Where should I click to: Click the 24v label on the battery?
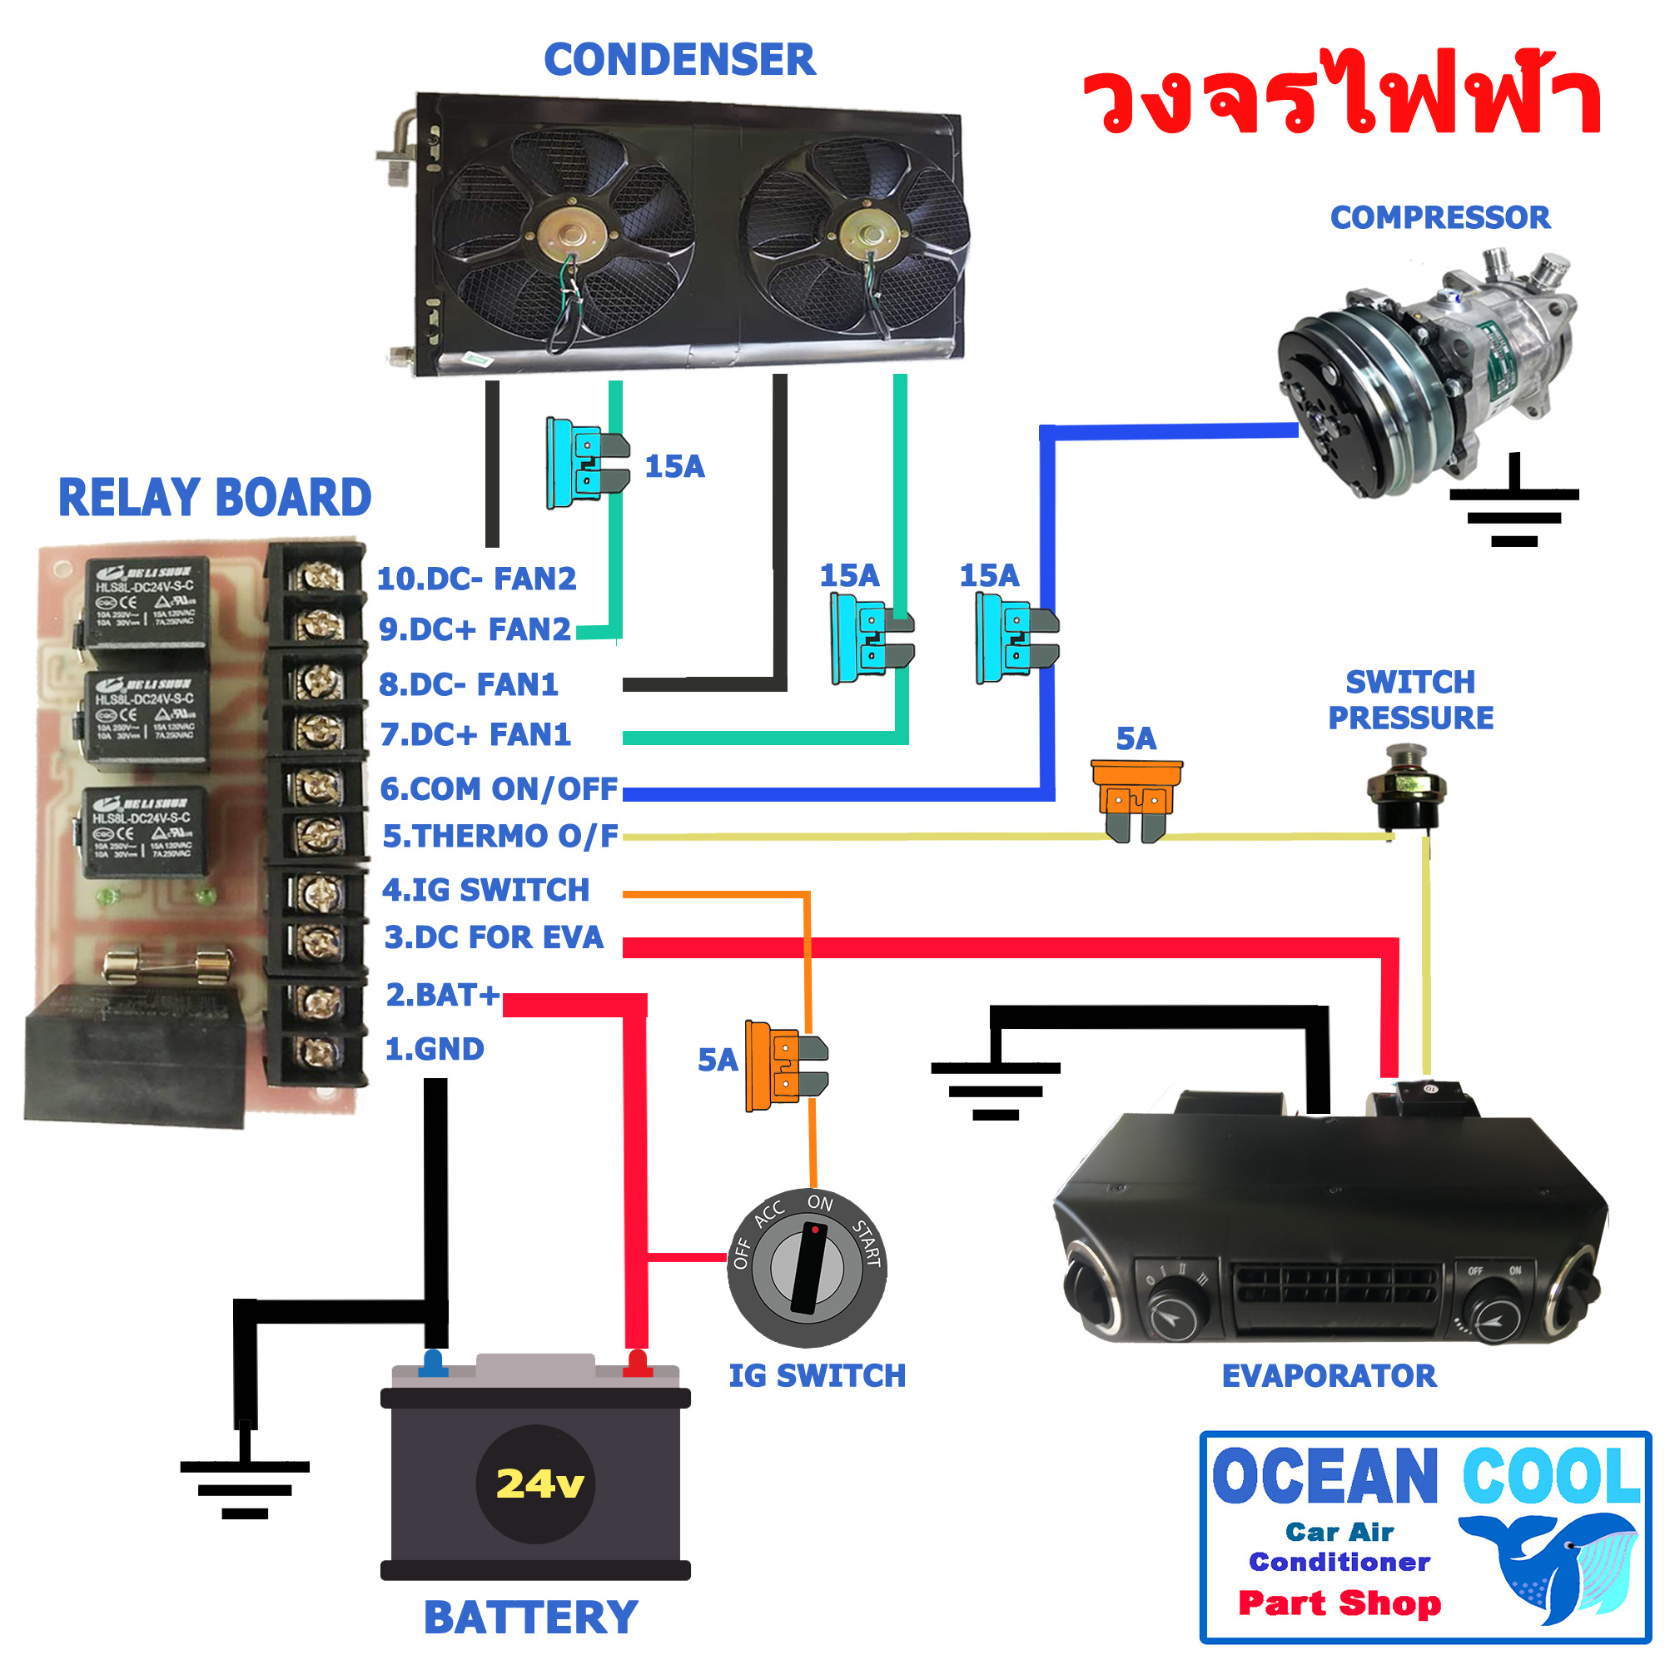coord(539,1484)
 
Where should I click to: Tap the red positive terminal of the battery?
coord(637,1364)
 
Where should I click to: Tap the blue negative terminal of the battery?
coord(433,1364)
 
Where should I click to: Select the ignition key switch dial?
coord(807,1269)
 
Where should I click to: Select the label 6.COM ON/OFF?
coord(499,788)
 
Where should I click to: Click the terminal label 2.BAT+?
coord(442,996)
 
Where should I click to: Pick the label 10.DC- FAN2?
coord(476,579)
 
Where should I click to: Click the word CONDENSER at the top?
coord(679,60)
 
